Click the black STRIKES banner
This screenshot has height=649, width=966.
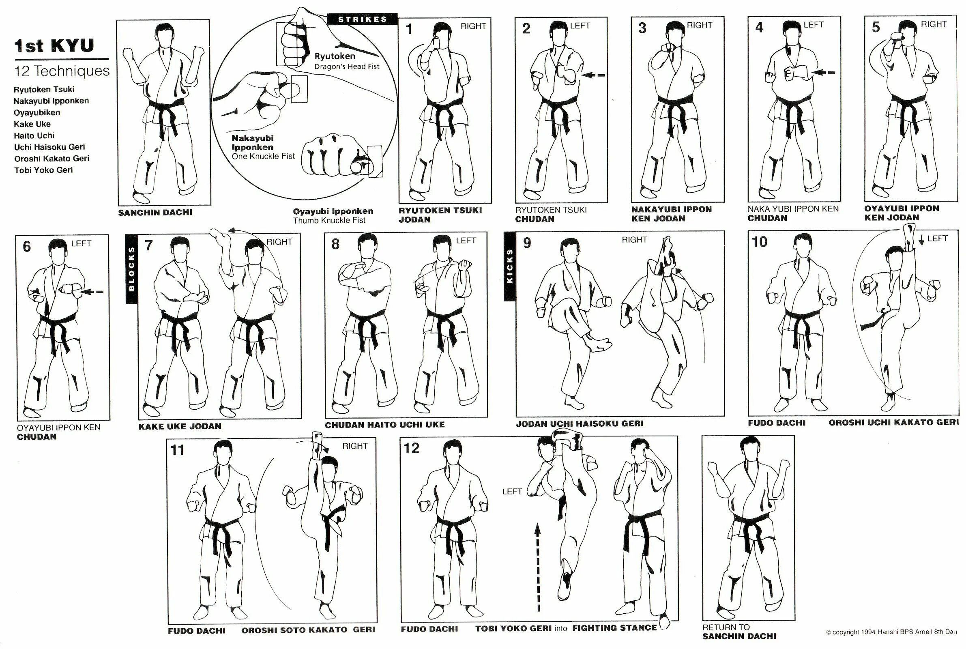click(x=362, y=19)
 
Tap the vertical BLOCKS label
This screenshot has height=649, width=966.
click(x=131, y=269)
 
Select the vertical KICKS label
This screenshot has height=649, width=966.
click(x=510, y=266)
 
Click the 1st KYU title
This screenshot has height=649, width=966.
click(x=54, y=45)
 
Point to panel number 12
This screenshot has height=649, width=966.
click(x=411, y=448)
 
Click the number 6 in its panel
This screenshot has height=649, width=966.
click(x=26, y=247)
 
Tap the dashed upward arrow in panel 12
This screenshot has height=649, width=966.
click(x=538, y=567)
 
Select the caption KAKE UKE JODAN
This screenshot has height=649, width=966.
click(x=180, y=426)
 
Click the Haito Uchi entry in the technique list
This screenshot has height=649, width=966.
click(x=34, y=135)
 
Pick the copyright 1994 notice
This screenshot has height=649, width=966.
click(x=891, y=632)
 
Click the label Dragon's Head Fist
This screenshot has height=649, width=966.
click(x=347, y=67)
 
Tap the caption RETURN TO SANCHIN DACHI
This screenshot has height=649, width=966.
click(x=739, y=632)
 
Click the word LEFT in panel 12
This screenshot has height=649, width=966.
click(x=512, y=491)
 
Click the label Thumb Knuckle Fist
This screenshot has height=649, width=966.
click(x=329, y=221)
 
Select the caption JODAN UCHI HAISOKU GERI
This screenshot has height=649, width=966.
click(x=580, y=423)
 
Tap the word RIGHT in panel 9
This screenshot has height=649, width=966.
click(x=634, y=240)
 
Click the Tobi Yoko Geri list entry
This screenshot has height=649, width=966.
click(x=43, y=170)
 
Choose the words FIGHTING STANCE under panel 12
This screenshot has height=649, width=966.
click(x=614, y=628)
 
